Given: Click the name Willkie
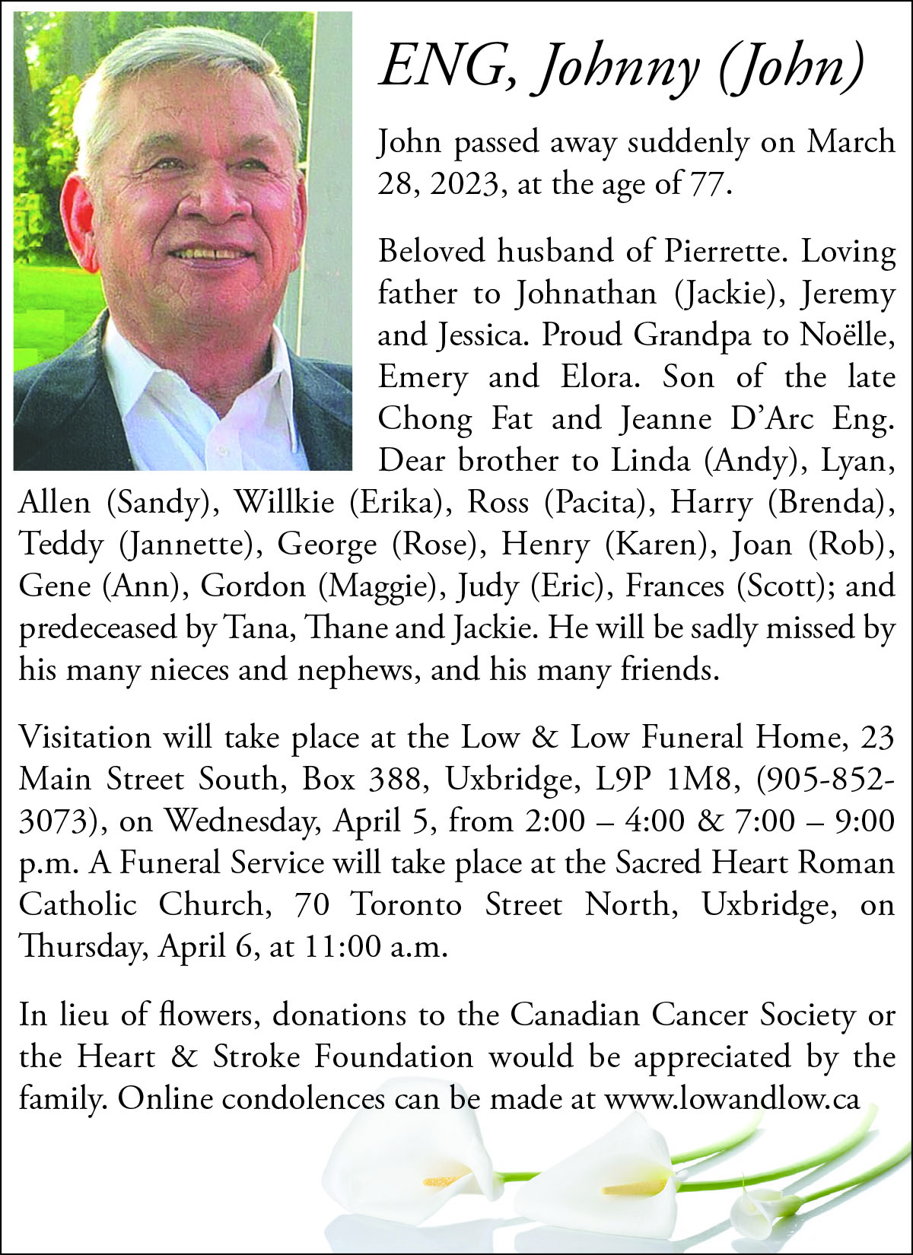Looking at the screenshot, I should click(x=284, y=502).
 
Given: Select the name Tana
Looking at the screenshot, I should click(x=252, y=628).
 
